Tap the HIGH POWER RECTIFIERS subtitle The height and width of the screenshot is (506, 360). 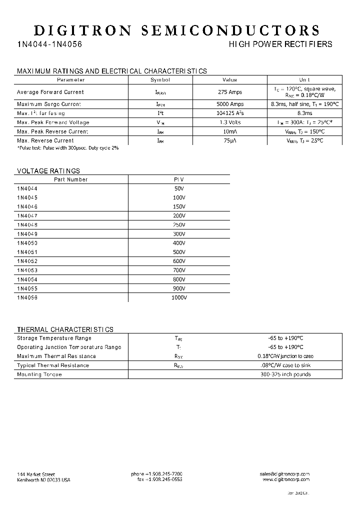(x=280, y=44)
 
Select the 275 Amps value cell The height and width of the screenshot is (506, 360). (x=230, y=92)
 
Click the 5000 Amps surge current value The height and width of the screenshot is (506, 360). (x=230, y=104)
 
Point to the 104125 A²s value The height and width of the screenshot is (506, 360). (x=230, y=113)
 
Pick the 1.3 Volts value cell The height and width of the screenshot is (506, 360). (x=230, y=122)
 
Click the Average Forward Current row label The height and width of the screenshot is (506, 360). (x=50, y=92)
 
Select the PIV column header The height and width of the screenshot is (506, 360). (x=178, y=179)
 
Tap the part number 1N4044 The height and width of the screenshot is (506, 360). (x=27, y=188)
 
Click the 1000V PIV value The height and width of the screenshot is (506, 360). (x=178, y=297)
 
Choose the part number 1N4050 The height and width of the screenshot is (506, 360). (x=27, y=243)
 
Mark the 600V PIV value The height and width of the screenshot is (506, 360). (x=178, y=261)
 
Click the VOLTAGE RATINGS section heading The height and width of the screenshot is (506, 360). (x=48, y=171)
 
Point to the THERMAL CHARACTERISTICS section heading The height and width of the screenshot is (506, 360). (x=65, y=329)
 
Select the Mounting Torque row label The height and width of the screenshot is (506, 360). (x=39, y=374)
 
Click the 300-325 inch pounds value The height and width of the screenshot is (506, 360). (x=285, y=374)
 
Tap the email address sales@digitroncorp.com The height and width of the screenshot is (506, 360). (x=284, y=474)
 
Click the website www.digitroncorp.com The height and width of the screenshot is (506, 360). (x=286, y=479)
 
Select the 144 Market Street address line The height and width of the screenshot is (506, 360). (x=36, y=474)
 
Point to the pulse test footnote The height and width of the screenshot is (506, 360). (x=68, y=148)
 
